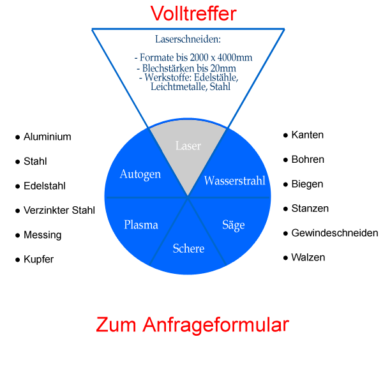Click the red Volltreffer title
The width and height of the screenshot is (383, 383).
193,13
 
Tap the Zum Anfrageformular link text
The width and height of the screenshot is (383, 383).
192,325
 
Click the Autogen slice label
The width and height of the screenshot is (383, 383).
140,174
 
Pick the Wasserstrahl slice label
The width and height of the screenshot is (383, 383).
234,181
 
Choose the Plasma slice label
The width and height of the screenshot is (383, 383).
141,225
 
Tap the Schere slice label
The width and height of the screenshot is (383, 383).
188,248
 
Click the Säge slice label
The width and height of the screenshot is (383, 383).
233,225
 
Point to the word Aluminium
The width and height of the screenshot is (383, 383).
47,137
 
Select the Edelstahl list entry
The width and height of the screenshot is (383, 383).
45,186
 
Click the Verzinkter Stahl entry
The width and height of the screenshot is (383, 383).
59,211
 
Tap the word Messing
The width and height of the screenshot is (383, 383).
43,235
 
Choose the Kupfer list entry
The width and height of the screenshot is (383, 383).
39,260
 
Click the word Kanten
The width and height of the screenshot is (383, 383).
307,135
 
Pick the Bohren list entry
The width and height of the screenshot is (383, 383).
308,160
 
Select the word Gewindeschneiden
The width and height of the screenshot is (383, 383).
334,233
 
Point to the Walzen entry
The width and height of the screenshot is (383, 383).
308,258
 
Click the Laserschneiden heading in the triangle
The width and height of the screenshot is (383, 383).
188,39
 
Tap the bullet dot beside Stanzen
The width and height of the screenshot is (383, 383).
285,209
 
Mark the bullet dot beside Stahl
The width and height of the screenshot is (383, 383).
18,162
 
